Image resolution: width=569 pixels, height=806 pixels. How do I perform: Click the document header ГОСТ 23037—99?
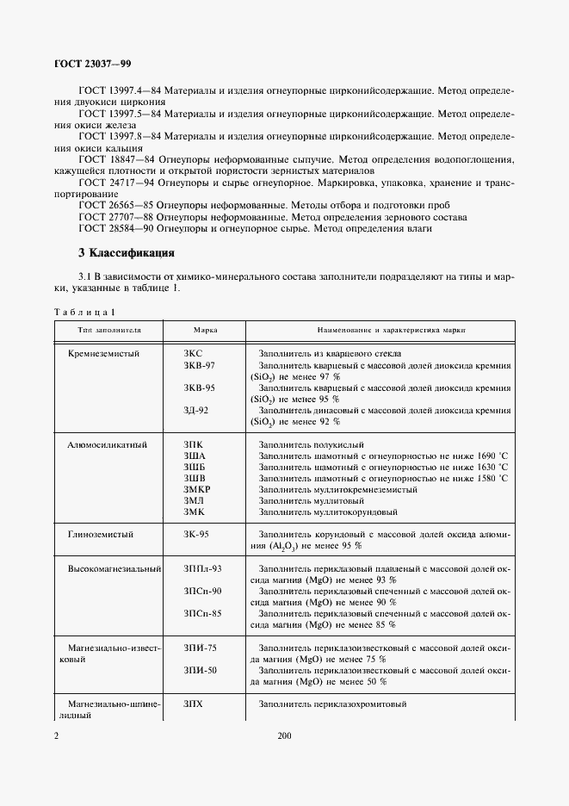(94, 64)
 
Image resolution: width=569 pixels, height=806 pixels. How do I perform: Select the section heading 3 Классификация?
(127, 253)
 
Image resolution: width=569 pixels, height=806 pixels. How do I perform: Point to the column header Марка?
(204, 330)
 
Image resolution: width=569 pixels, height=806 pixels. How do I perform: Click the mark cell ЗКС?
(194, 353)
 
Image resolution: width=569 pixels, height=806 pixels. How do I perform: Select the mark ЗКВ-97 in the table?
(200, 365)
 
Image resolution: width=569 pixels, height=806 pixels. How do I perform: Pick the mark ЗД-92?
(196, 410)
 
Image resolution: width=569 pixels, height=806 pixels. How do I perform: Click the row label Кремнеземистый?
(103, 353)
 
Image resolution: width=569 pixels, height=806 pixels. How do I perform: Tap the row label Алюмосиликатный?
(108, 443)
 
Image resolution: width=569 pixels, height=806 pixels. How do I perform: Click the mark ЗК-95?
(196, 534)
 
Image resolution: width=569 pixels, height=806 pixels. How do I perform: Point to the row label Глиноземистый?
(101, 534)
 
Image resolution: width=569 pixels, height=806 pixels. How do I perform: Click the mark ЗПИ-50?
(200, 670)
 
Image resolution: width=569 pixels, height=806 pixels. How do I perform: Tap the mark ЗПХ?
(193, 704)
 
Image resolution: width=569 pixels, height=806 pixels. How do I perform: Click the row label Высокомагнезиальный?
(114, 568)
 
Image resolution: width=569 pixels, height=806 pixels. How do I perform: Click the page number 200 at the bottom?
(285, 736)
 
